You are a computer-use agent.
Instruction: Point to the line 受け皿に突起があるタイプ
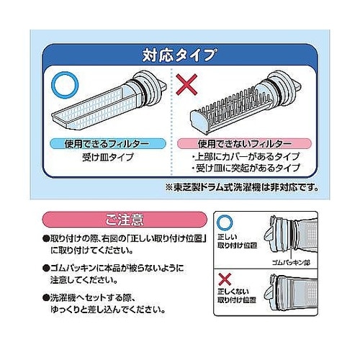[245, 168]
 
